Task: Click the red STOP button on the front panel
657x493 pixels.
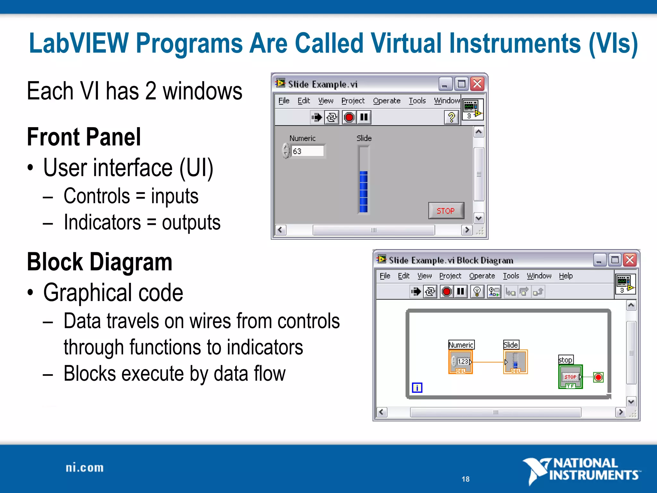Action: click(x=446, y=211)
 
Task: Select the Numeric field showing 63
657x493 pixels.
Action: click(x=307, y=151)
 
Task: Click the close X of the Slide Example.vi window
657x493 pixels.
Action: click(x=477, y=84)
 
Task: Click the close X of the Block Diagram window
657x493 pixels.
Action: click(x=630, y=260)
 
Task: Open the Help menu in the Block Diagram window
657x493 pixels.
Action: click(x=566, y=276)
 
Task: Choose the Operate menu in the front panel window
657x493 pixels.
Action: click(x=386, y=101)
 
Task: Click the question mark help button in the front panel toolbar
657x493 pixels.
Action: click(x=451, y=117)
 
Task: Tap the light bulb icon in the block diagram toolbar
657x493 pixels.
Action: click(x=477, y=291)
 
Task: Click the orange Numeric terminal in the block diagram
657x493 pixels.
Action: click(x=461, y=362)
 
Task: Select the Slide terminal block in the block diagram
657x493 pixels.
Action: click(x=515, y=362)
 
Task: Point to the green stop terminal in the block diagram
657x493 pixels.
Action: click(x=570, y=377)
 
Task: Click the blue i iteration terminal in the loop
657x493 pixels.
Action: click(x=417, y=388)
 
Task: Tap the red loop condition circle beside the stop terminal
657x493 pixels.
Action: click(x=598, y=377)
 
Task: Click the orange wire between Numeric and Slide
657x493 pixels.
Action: click(x=488, y=362)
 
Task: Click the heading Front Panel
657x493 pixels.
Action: click(x=84, y=137)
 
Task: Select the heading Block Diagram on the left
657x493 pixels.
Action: click(x=99, y=262)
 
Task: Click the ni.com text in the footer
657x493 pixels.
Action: click(x=85, y=468)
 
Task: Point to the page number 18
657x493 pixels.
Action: click(x=465, y=479)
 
